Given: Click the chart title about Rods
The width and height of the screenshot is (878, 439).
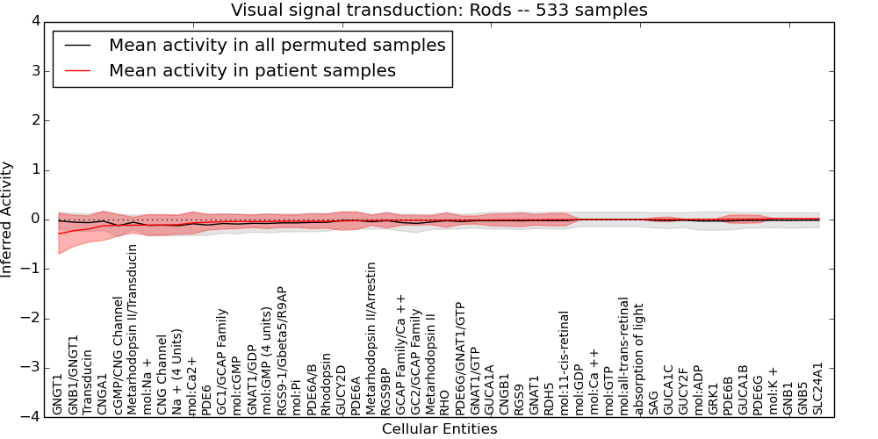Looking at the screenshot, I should [439, 11].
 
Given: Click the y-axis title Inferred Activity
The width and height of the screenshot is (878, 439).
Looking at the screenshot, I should [7, 219].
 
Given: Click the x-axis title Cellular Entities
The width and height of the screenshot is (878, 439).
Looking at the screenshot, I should [439, 429].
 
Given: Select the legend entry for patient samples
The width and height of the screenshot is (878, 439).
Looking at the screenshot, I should [252, 70].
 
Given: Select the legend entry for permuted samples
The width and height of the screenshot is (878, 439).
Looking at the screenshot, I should [277, 45].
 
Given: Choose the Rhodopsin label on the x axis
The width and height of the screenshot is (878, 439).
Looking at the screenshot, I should [326, 384].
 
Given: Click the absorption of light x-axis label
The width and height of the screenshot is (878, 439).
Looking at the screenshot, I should [638, 359].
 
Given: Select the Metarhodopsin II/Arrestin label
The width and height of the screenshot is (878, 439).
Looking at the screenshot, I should [371, 338].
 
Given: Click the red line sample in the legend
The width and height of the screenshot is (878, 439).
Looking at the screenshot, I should [76, 70].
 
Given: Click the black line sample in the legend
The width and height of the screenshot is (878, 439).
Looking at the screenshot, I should [76, 45].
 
